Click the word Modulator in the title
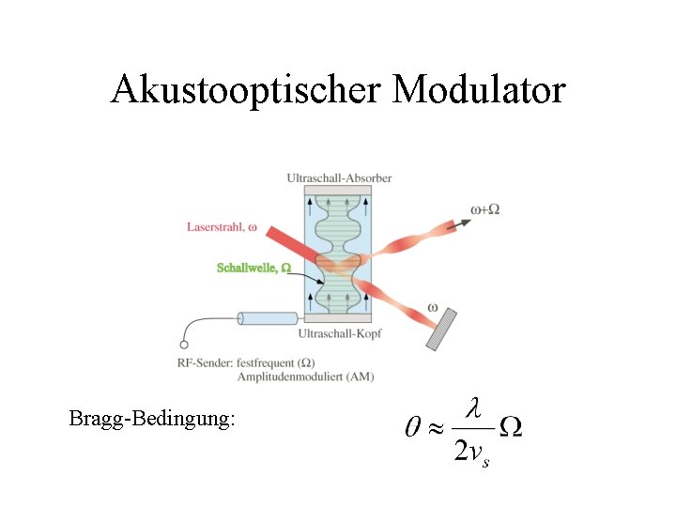point(480,90)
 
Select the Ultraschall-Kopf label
point(339,332)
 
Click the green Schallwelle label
point(253,269)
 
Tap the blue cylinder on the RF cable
point(268,318)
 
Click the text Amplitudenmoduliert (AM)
point(305,376)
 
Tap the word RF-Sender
point(205,362)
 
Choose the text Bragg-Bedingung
point(151,419)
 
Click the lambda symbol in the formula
point(474,408)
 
